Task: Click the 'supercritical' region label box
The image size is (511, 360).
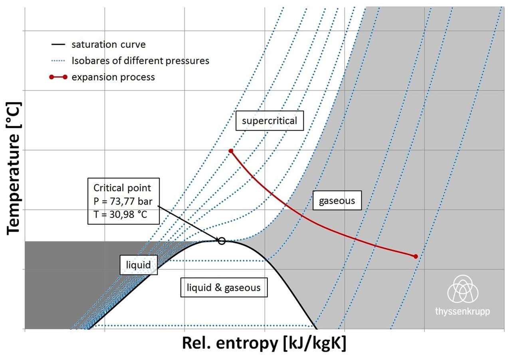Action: [x=269, y=121]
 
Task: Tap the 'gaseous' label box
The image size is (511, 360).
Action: [x=337, y=201]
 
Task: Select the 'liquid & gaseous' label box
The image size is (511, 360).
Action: [x=224, y=287]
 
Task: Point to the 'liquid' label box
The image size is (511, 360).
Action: [x=139, y=265]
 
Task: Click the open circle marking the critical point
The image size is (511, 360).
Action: [x=222, y=241]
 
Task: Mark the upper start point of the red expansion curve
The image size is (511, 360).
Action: [x=231, y=151]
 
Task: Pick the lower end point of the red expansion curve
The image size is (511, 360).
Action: [x=416, y=257]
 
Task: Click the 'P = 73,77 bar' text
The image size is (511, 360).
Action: [x=123, y=201]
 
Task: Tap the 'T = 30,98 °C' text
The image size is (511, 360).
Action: [x=120, y=214]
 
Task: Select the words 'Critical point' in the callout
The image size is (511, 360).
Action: [x=122, y=188]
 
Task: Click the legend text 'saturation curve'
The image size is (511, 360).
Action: [x=109, y=44]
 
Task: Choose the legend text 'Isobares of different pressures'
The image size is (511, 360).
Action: [x=140, y=61]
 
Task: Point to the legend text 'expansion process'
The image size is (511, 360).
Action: [x=113, y=77]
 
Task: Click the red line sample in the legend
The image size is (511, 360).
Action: [x=58, y=77]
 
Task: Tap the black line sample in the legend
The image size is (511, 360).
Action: [x=58, y=44]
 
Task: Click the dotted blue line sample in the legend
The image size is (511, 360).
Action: [x=58, y=61]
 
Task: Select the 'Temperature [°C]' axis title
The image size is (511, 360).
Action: [x=13, y=169]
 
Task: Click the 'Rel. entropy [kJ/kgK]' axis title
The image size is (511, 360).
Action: [x=264, y=343]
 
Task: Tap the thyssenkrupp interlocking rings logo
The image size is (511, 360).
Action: [x=463, y=288]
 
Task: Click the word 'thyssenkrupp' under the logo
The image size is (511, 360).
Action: [x=462, y=311]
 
